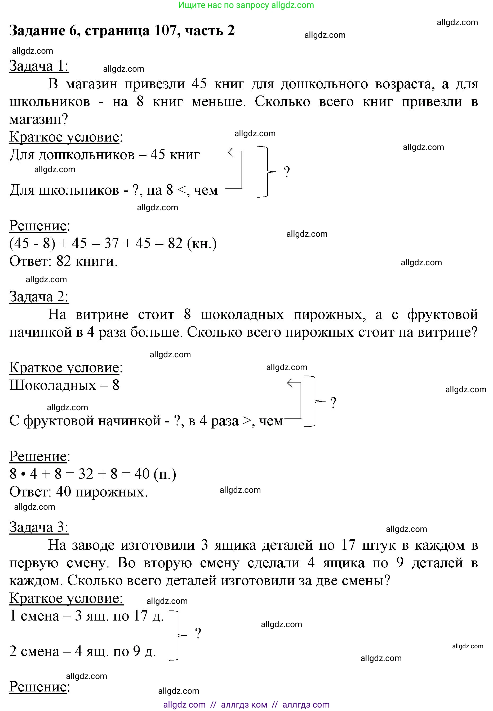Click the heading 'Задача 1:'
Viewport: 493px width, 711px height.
tap(39, 66)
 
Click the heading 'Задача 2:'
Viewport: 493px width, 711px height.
tap(39, 297)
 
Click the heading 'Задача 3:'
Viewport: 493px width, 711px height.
tap(39, 527)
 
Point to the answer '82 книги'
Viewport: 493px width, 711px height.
tap(86, 261)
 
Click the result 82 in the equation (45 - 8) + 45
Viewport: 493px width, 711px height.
tap(175, 243)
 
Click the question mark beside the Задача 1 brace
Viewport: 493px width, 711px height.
tap(287, 172)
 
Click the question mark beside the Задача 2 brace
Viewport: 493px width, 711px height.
tap(333, 403)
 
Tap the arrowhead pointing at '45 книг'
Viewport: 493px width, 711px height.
tap(230, 152)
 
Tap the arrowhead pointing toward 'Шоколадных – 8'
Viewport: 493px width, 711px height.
tap(290, 384)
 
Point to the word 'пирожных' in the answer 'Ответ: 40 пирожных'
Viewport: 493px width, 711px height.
tap(112, 492)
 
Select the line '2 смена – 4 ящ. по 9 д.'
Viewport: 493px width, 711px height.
tap(83, 651)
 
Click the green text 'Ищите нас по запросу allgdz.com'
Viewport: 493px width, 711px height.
tap(246, 5)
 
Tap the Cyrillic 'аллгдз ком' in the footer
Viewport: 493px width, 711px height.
tap(244, 705)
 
